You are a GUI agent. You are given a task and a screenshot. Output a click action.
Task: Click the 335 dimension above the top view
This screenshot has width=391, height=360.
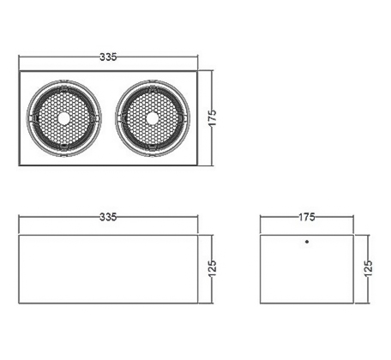(108, 57)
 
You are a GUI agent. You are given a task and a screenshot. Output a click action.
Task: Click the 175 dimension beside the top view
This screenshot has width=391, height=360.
(213, 117)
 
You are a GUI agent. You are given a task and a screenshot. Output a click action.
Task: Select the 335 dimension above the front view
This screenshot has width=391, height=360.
(108, 217)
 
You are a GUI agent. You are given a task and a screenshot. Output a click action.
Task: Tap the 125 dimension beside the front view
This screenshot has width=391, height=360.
(213, 268)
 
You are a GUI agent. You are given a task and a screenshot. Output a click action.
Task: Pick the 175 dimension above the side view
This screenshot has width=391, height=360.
(307, 217)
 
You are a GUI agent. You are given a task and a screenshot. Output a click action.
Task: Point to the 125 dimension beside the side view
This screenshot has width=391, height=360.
(368, 268)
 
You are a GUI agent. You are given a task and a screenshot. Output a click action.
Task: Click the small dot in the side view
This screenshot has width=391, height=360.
(307, 242)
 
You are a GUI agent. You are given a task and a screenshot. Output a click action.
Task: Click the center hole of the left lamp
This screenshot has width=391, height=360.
(63, 118)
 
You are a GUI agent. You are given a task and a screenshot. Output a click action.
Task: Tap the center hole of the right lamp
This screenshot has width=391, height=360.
(153, 118)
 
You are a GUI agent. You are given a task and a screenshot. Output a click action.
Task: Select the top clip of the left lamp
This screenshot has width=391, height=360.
(63, 88)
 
